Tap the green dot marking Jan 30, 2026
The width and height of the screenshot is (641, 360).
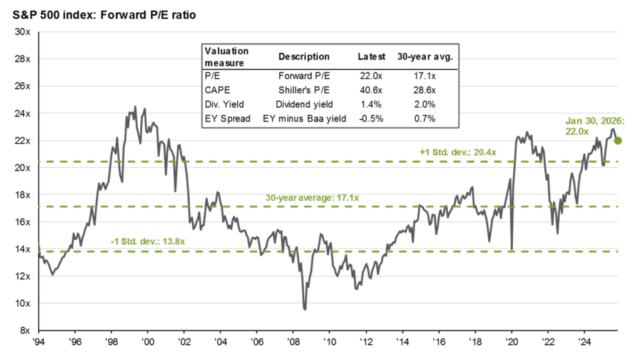[x=618, y=140]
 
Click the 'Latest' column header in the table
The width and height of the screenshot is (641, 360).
[x=371, y=56]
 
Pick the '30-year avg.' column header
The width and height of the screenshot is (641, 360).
[x=425, y=56]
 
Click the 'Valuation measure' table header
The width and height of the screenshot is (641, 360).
[x=227, y=56]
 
